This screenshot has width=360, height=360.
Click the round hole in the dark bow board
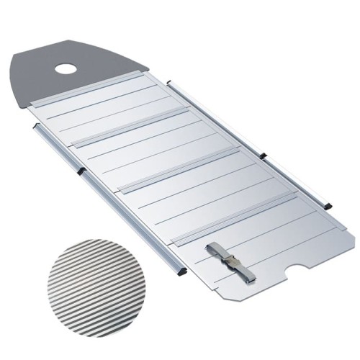tap(66, 70)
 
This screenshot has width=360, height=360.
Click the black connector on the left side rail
tap(81, 170)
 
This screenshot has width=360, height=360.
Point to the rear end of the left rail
tap(181, 272)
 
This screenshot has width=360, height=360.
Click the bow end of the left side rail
tap(36, 127)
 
